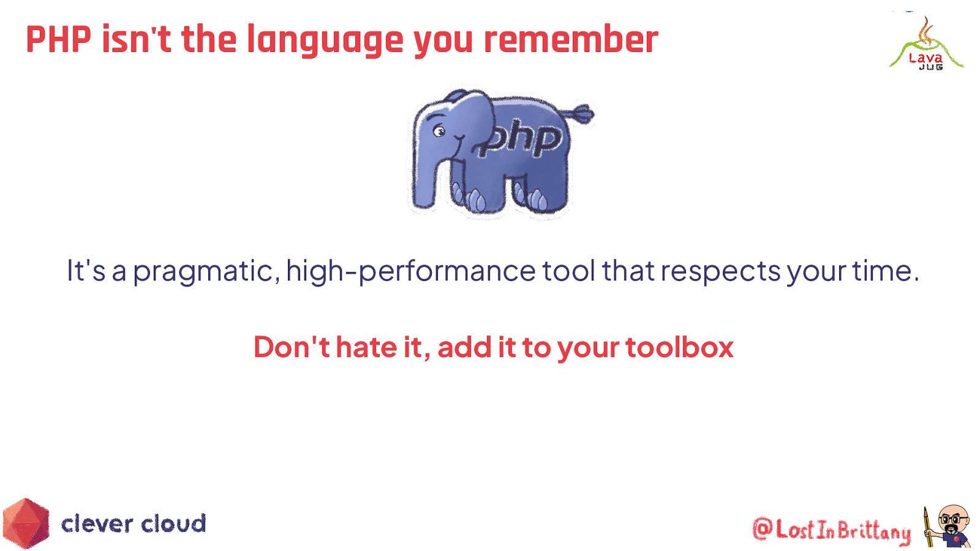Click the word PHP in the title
pyautogui.click(x=58, y=40)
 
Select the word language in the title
pyautogui.click(x=325, y=41)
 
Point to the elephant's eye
pyautogui.click(x=439, y=130)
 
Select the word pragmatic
pyautogui.click(x=203, y=271)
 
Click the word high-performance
pyautogui.click(x=410, y=271)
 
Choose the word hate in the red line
pyautogui.click(x=366, y=347)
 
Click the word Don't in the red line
pyautogui.click(x=292, y=347)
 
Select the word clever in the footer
pyautogui.click(x=97, y=524)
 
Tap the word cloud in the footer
pyautogui.click(x=173, y=524)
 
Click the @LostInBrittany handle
pyautogui.click(x=831, y=530)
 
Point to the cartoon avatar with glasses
pyautogui.click(x=949, y=526)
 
